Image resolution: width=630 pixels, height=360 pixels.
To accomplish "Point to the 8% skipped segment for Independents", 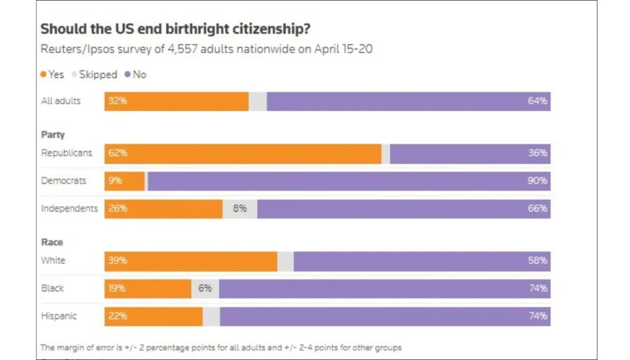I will click(240, 209).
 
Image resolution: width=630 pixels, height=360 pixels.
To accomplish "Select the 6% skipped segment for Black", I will click(205, 289).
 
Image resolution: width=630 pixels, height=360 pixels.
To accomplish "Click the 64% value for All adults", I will click(537, 101).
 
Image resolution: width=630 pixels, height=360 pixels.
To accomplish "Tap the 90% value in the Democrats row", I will click(537, 181).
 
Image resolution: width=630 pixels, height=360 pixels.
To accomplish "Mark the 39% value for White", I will click(118, 261).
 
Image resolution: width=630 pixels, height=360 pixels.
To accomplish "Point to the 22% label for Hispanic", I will click(118, 316).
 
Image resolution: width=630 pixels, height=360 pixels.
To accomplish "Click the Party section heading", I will click(53, 135).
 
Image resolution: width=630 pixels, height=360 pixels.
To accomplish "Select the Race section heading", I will click(52, 242).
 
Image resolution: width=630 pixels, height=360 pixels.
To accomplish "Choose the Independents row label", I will click(69, 209).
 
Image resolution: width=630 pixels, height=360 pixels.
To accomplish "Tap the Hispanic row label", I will click(59, 316).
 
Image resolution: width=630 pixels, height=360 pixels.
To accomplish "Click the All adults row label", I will click(61, 101).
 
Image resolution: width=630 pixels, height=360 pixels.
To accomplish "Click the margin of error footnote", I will click(221, 348).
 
